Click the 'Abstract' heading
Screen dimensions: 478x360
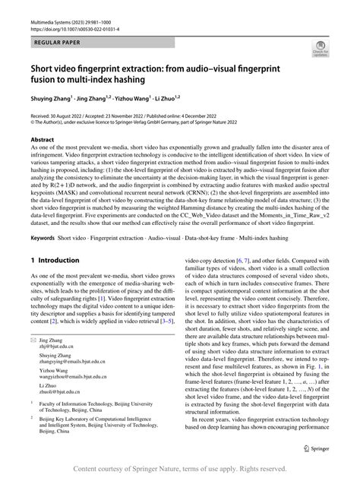42,140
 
